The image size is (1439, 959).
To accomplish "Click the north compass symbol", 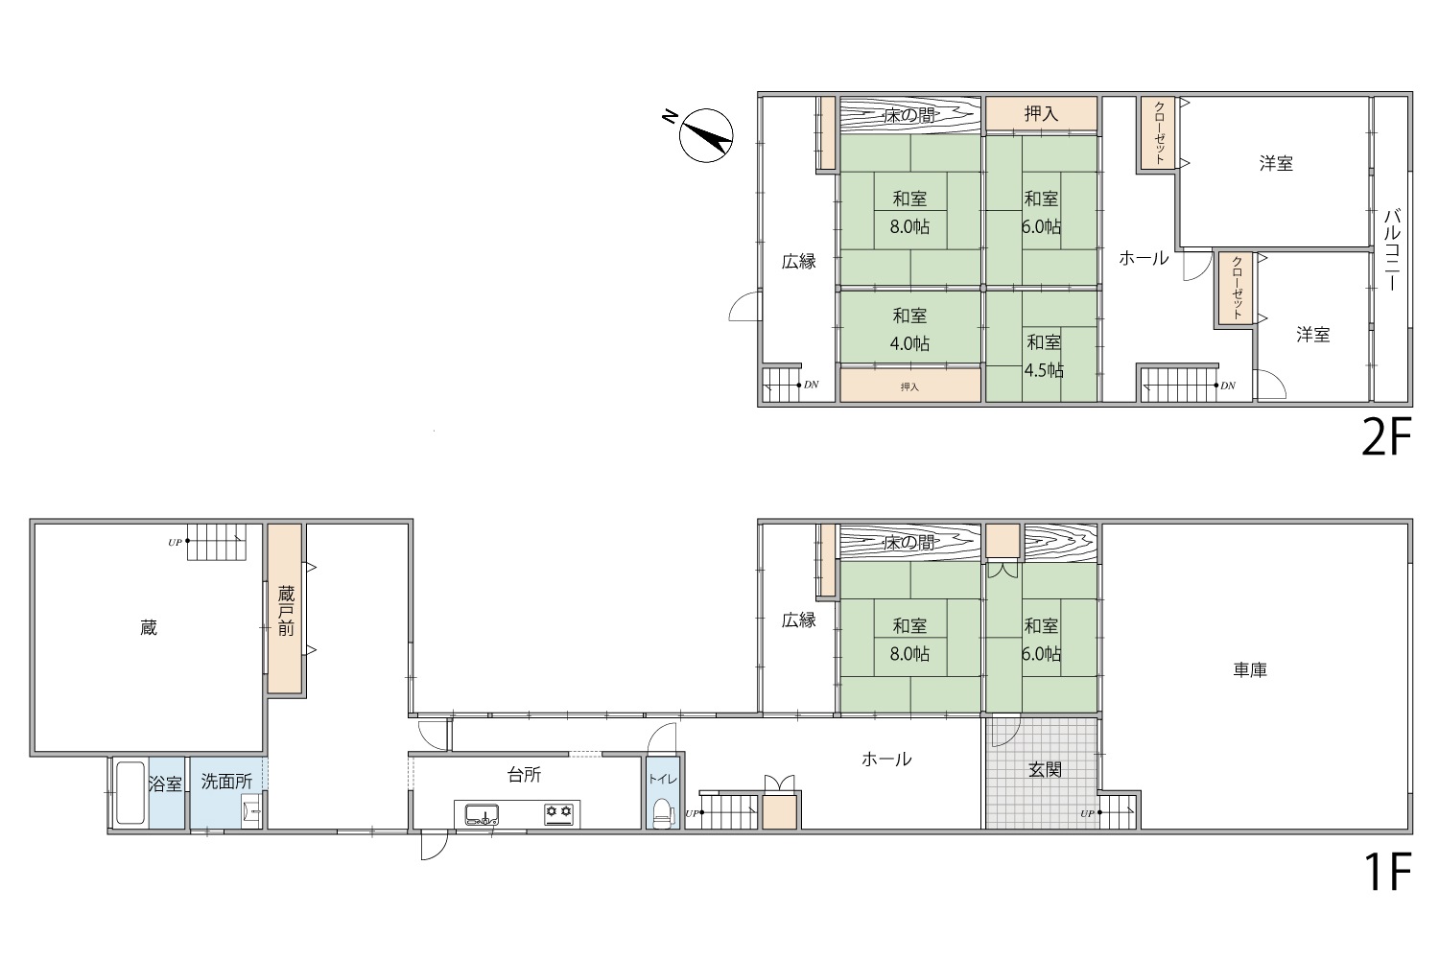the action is pyautogui.click(x=705, y=135).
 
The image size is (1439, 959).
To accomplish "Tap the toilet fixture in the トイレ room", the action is pyautogui.click(x=662, y=813).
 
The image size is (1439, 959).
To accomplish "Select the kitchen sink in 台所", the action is pyautogui.click(x=482, y=814).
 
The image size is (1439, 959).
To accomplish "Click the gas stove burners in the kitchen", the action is pyautogui.click(x=559, y=812).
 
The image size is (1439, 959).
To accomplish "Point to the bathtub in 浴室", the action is pyautogui.click(x=130, y=793).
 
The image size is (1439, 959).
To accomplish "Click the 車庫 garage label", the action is pyautogui.click(x=1250, y=670).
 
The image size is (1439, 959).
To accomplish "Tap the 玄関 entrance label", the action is pyautogui.click(x=1046, y=769).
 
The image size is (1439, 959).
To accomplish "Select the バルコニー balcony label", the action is pyautogui.click(x=1391, y=250).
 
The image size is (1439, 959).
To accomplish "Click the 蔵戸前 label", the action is pyautogui.click(x=286, y=611).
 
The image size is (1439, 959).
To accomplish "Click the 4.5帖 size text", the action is pyautogui.click(x=1044, y=370).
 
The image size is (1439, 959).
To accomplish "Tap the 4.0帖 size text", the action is pyautogui.click(x=909, y=343).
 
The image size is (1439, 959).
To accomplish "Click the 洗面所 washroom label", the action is pyautogui.click(x=226, y=782).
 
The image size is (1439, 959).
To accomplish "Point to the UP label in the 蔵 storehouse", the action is pyautogui.click(x=175, y=543).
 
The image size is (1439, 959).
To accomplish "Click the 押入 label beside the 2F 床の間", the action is pyautogui.click(x=1041, y=114).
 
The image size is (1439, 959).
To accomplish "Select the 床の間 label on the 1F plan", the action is pyautogui.click(x=909, y=544).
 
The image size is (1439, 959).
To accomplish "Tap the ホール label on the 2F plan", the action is pyautogui.click(x=1144, y=258).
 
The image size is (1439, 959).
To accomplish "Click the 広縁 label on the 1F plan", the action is pyautogui.click(x=799, y=620).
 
